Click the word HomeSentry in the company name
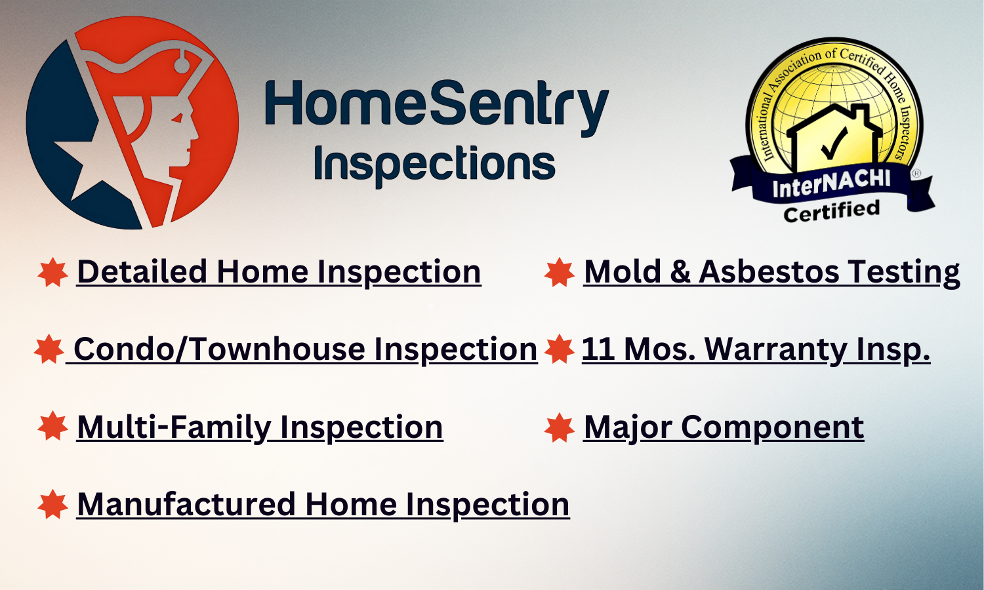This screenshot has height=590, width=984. (436, 105)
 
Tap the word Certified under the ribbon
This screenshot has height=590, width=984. (831, 212)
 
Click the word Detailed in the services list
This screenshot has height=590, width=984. (142, 272)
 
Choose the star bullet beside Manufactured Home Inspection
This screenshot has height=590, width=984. (53, 505)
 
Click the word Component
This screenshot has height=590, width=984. (772, 428)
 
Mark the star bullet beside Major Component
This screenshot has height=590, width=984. (560, 427)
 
